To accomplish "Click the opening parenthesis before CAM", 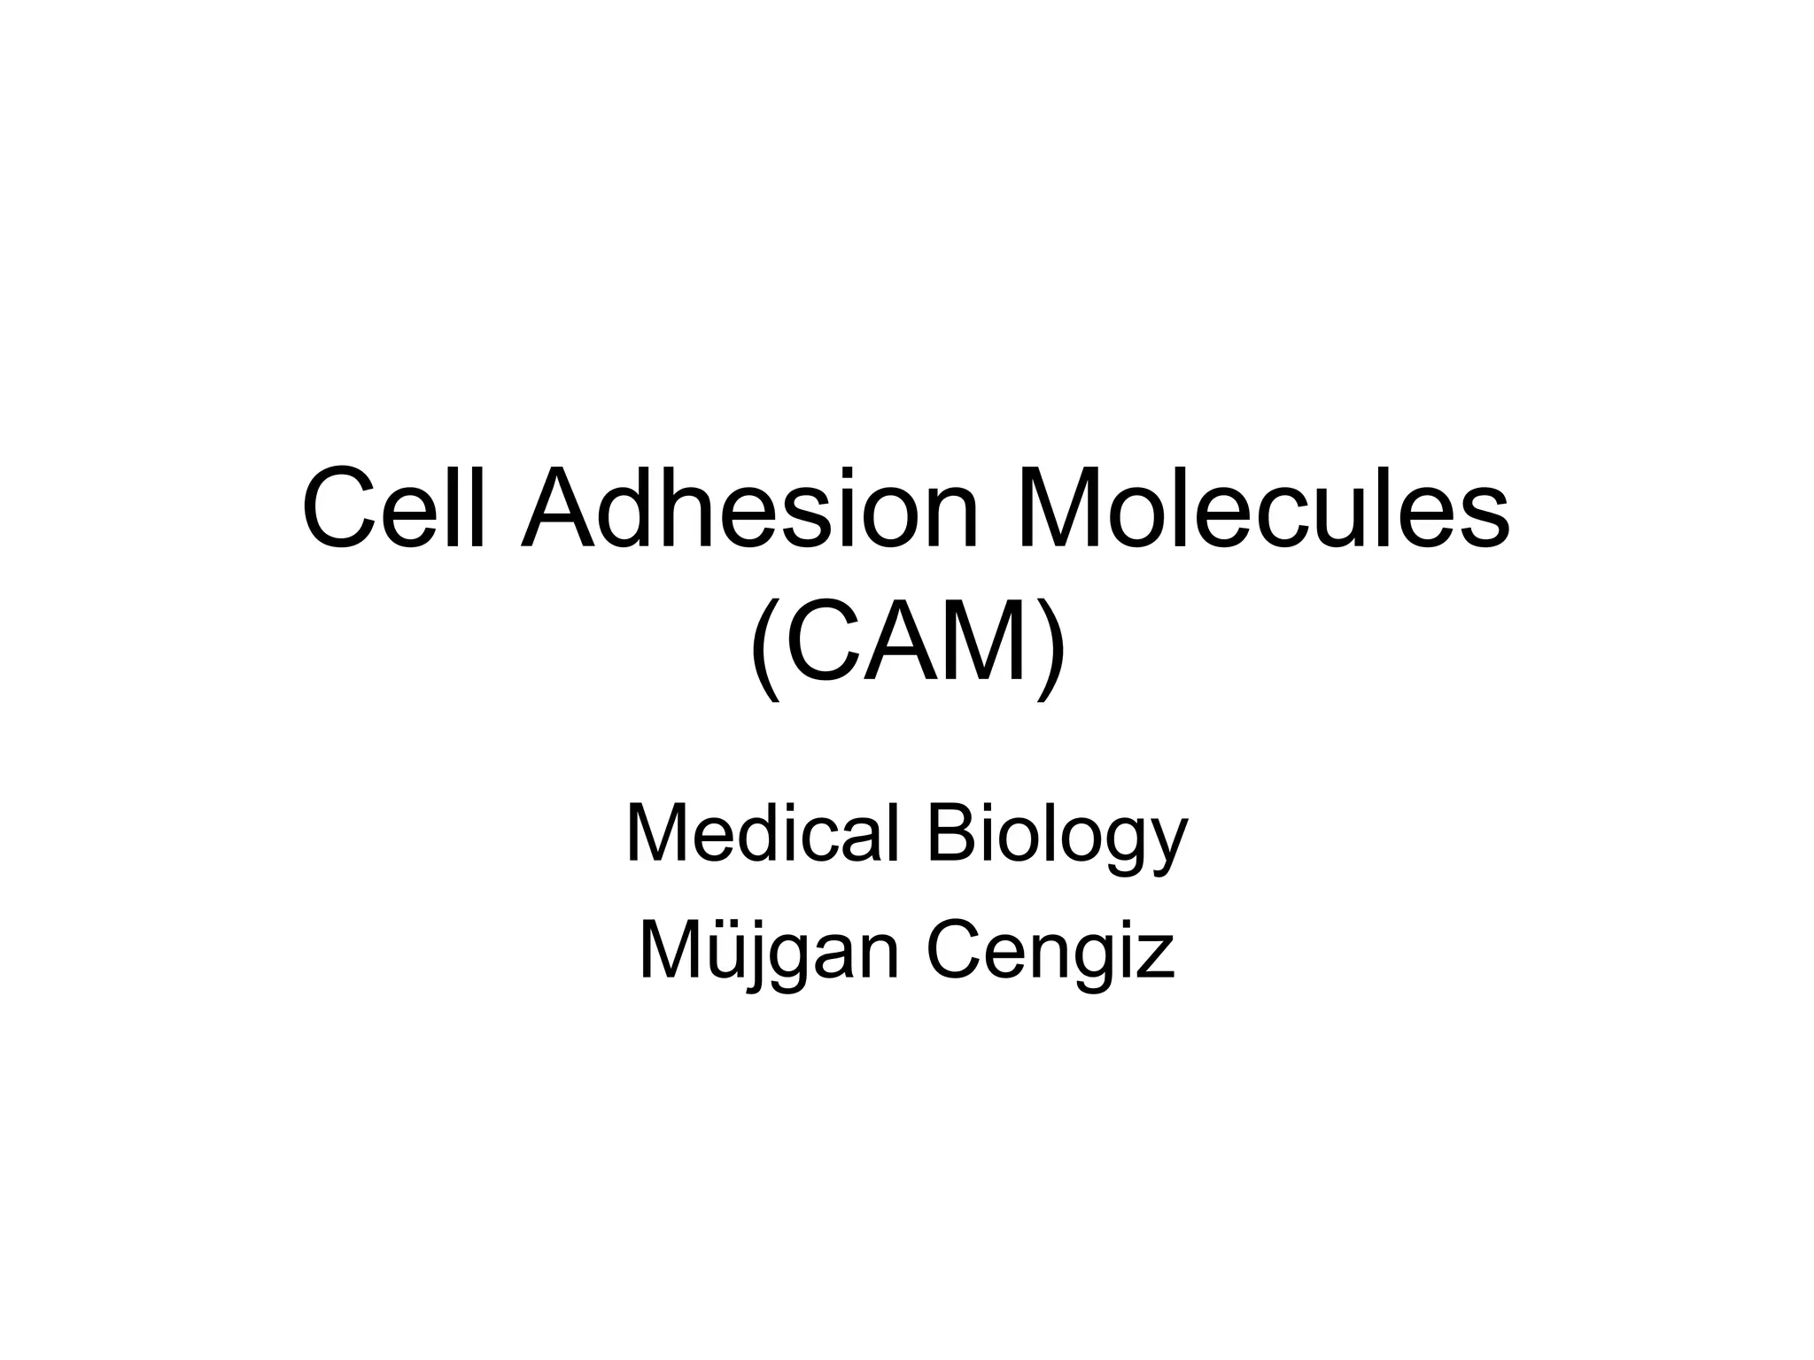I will click(x=764, y=647).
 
